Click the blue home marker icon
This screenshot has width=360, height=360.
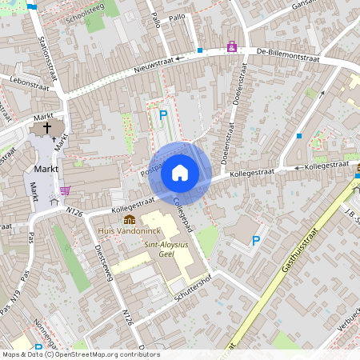coord(180,173)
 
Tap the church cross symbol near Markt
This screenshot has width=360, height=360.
coord(46,127)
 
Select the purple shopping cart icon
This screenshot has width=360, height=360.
coord(65,190)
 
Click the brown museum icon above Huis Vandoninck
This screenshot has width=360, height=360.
coord(129,219)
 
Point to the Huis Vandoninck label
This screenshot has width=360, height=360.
coord(122,230)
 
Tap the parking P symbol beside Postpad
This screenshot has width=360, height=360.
coord(163,115)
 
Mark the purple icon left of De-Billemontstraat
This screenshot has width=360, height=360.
coord(232,47)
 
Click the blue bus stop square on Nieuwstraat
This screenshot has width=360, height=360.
coord(199,50)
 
